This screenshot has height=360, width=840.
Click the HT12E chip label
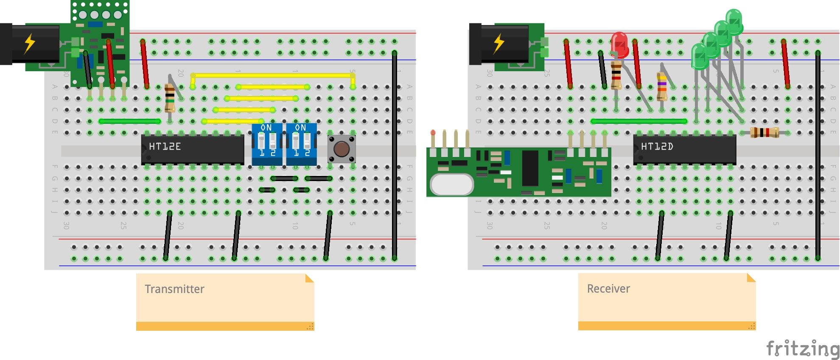(x=165, y=147)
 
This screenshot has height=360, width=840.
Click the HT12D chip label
(x=657, y=147)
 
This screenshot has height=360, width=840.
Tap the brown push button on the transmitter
(x=342, y=149)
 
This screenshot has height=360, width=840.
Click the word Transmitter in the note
(x=174, y=289)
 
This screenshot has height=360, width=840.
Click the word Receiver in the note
(x=608, y=289)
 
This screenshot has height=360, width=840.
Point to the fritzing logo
(x=802, y=349)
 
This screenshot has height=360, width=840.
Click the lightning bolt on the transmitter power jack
(x=29, y=43)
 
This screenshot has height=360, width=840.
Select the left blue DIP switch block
(x=267, y=144)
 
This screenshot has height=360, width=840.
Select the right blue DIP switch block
(x=301, y=144)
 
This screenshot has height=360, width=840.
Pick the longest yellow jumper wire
(x=272, y=75)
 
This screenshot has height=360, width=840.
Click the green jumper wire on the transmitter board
(x=130, y=121)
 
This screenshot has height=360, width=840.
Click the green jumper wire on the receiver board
(x=638, y=121)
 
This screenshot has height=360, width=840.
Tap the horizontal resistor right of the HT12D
(x=764, y=133)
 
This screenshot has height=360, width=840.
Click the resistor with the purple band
(x=662, y=86)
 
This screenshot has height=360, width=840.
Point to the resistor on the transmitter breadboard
(x=170, y=98)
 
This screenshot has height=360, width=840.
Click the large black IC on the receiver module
(x=530, y=168)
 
